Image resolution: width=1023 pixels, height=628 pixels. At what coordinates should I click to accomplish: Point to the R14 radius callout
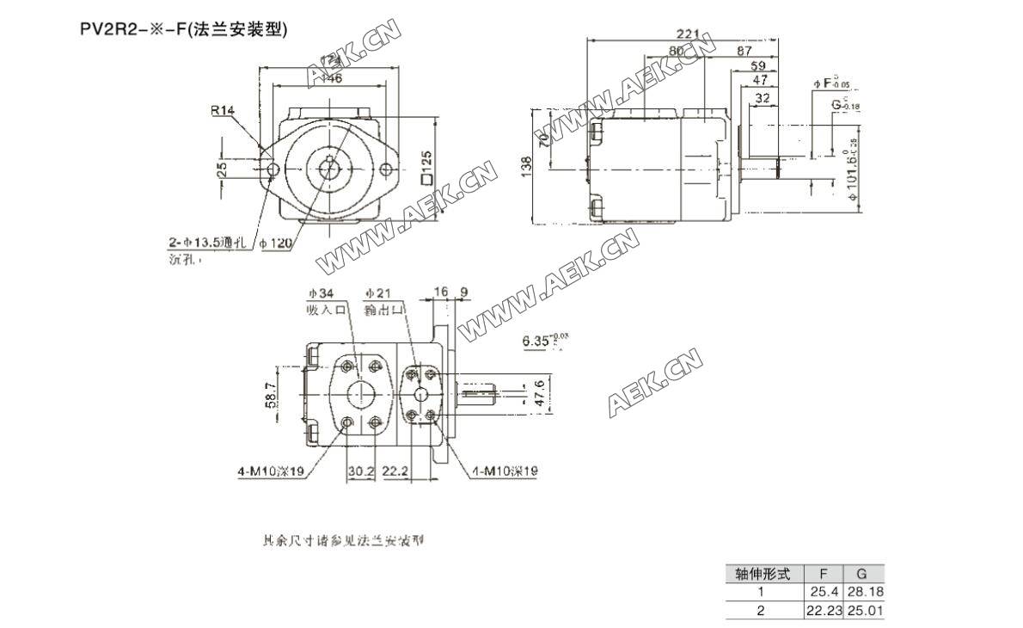(223, 110)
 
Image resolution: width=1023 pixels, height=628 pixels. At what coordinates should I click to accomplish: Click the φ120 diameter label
(276, 243)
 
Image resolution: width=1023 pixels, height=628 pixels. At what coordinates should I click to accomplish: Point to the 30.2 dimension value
(360, 471)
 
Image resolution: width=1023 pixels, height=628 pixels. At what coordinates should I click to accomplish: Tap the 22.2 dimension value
(395, 471)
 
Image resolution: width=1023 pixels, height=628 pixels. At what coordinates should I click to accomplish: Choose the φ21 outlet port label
(377, 292)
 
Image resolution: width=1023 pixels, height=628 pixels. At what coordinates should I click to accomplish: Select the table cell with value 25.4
(824, 592)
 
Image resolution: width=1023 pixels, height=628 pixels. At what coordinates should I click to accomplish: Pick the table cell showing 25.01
(865, 611)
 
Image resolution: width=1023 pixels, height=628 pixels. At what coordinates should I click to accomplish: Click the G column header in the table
(864, 573)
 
